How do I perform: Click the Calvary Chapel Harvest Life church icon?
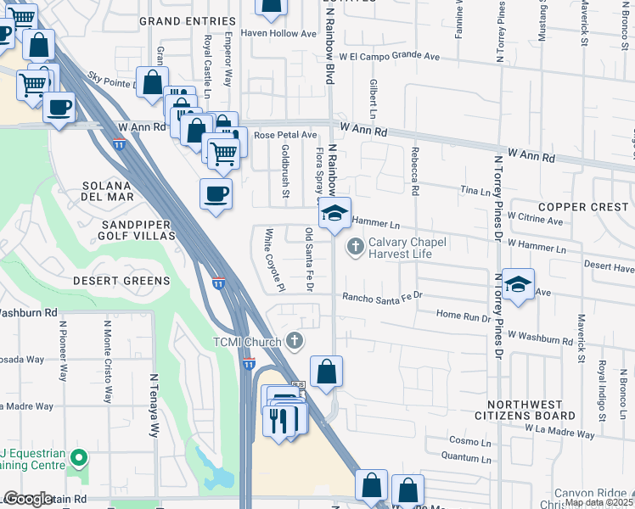(355, 247)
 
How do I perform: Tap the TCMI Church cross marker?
(295, 341)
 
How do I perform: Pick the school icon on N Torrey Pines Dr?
(517, 284)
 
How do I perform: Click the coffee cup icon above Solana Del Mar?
(216, 193)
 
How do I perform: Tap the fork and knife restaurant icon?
(279, 419)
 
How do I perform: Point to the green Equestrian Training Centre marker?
(79, 460)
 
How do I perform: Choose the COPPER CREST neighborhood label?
(583, 207)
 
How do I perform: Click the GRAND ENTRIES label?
(186, 20)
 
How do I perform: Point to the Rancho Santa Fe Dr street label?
(382, 297)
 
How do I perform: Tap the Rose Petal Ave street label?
(284, 135)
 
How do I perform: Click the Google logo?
(29, 499)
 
